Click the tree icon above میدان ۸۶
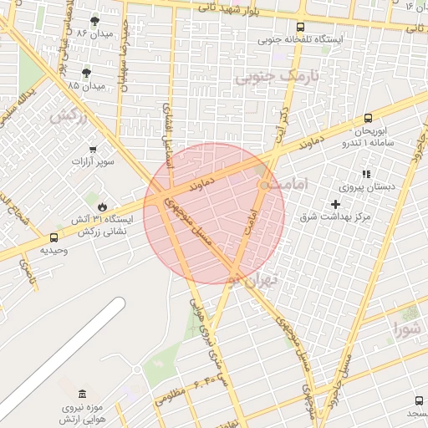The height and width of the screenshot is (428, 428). point(93,20)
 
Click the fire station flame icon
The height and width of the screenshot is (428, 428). point(101,206)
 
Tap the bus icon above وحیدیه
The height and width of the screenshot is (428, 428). point(54,237)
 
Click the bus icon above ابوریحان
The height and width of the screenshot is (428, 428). point(369,120)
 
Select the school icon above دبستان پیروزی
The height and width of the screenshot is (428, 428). point(365,174)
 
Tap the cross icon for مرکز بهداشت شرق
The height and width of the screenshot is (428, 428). point(335,204)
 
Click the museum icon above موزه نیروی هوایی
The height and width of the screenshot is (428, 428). point(81,394)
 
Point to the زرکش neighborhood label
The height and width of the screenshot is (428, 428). point(68,115)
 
